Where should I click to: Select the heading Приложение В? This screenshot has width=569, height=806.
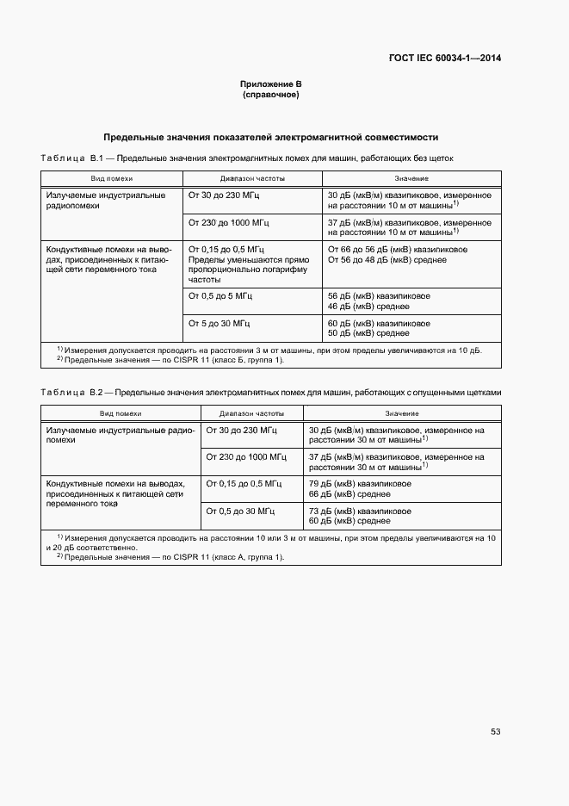pos(270,84)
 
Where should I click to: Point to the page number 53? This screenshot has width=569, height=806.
pos(495,732)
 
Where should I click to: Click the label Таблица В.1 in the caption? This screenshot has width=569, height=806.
pos(72,158)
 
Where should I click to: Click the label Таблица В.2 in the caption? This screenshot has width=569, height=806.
pos(72,393)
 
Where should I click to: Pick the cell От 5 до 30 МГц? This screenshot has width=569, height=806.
pos(220,323)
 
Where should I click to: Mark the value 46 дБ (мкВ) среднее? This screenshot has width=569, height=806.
pos(368,306)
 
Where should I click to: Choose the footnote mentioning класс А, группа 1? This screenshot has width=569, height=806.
pos(170,556)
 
